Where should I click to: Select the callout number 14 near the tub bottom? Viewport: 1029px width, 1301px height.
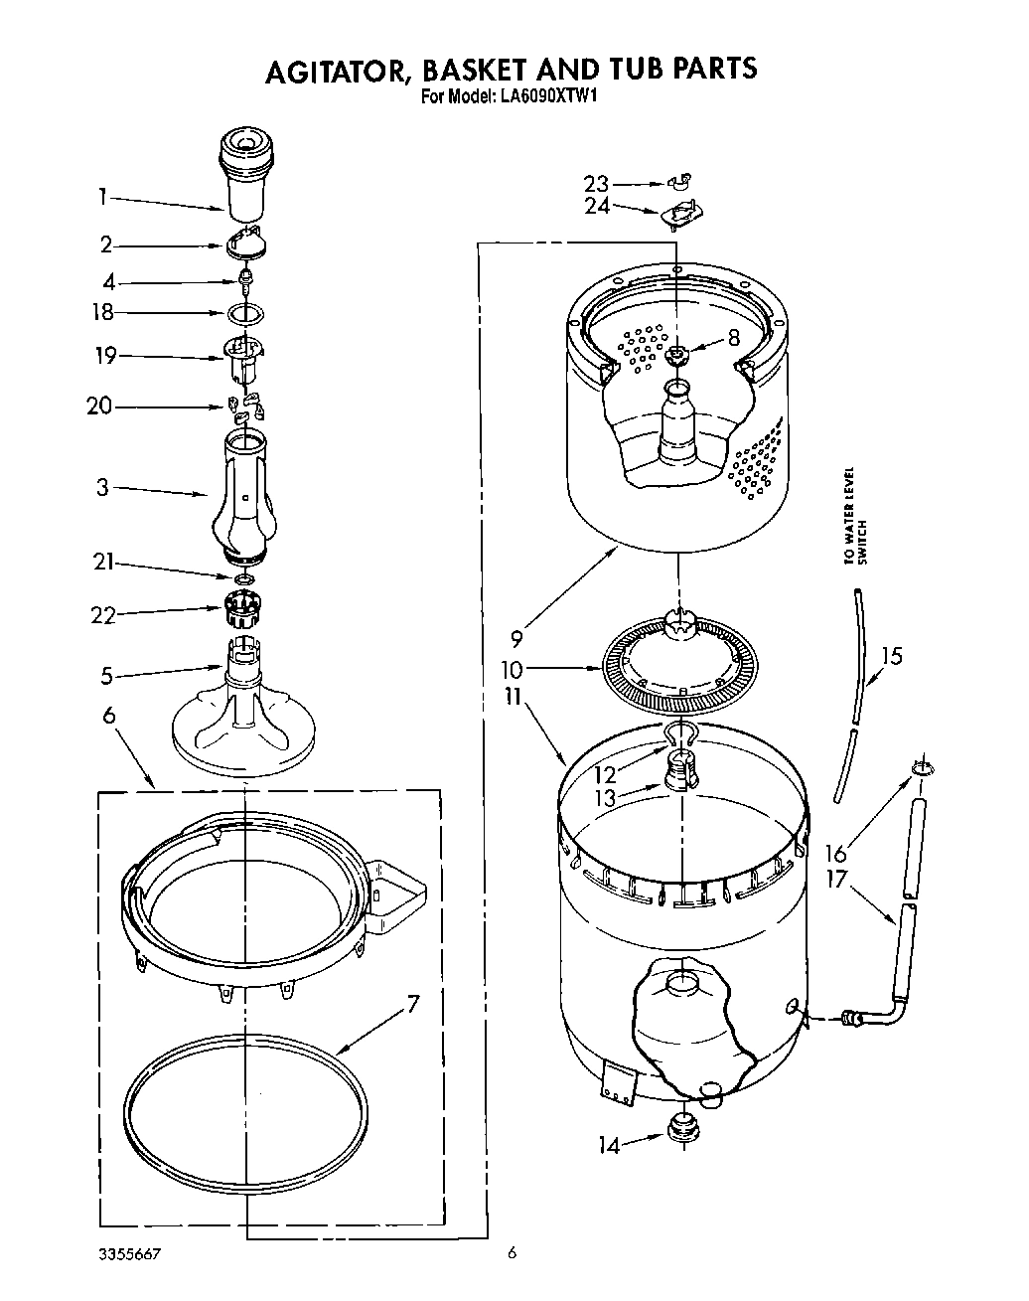pyautogui.click(x=608, y=1146)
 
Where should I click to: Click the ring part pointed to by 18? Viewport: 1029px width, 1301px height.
pyautogui.click(x=245, y=314)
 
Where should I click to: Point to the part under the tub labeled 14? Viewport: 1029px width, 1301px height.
pyautogui.click(x=681, y=1128)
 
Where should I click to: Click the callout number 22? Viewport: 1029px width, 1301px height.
pyautogui.click(x=103, y=616)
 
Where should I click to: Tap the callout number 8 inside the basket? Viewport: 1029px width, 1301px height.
pyautogui.click(x=734, y=338)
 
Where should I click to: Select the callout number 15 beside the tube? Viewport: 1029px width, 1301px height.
pyautogui.click(x=892, y=656)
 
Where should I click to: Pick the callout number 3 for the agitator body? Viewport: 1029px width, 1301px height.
pyautogui.click(x=102, y=488)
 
